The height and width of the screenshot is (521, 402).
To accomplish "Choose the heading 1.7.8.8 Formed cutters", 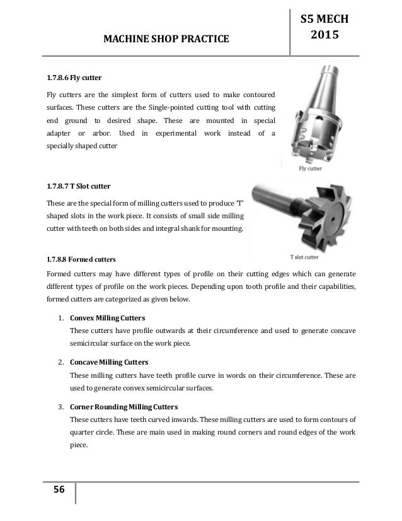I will [83, 259].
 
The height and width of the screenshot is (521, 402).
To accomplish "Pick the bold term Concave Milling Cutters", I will [114, 363].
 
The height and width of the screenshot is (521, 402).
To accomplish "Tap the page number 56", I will [54, 493].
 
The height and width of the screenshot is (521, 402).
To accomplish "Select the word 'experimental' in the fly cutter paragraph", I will [170, 134].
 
